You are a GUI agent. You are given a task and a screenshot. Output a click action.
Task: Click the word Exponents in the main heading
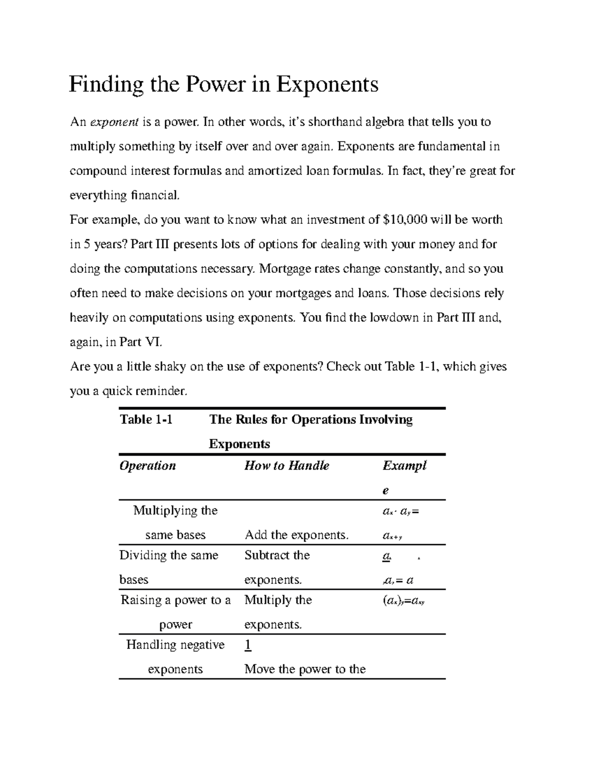click(327, 85)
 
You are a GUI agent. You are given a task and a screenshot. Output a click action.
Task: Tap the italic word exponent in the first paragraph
click(114, 122)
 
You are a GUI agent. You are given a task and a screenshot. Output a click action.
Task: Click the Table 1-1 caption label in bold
click(146, 419)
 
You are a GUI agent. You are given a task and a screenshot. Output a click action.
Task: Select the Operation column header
click(148, 465)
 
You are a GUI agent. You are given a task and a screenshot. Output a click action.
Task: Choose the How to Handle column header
click(287, 465)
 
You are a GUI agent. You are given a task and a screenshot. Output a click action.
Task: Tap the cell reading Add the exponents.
click(297, 535)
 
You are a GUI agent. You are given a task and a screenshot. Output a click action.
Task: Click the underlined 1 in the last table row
click(248, 645)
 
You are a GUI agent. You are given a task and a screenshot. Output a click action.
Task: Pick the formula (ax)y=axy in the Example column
click(404, 601)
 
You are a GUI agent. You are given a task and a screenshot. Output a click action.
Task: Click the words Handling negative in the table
click(175, 645)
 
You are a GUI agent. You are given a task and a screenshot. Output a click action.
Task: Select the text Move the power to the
click(305, 669)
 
